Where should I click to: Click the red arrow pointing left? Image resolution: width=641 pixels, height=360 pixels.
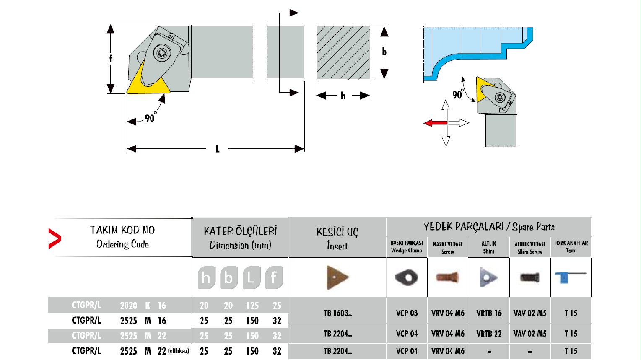pyautogui.click(x=435, y=123)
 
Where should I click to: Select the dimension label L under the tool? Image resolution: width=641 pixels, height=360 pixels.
pyautogui.click(x=217, y=149)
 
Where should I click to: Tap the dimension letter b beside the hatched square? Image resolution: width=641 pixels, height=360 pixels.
pyautogui.click(x=384, y=52)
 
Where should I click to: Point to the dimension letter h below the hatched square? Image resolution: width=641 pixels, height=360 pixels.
pyautogui.click(x=343, y=96)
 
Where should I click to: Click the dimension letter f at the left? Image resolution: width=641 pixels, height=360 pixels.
pyautogui.click(x=111, y=59)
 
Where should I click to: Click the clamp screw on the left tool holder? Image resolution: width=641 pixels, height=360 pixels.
pyautogui.click(x=161, y=53)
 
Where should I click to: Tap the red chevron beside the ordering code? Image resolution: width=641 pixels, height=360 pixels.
pyautogui.click(x=54, y=238)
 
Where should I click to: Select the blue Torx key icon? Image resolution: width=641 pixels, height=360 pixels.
pyautogui.click(x=570, y=277)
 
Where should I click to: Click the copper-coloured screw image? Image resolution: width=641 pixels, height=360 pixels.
pyautogui.click(x=447, y=277)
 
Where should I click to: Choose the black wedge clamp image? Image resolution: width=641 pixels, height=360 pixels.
pyautogui.click(x=406, y=277)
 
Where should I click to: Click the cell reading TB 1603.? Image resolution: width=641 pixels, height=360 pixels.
pyautogui.click(x=337, y=313)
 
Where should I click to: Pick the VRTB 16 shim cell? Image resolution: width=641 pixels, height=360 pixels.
pyautogui.click(x=489, y=313)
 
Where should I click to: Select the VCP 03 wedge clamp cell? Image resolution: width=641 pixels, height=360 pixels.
pyautogui.click(x=407, y=313)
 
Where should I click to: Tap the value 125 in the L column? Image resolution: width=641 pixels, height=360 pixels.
pyautogui.click(x=252, y=306)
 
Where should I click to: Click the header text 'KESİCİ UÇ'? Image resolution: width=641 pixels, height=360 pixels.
pyautogui.click(x=337, y=232)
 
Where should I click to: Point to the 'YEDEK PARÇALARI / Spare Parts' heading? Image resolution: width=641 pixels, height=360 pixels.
pyautogui.click(x=489, y=227)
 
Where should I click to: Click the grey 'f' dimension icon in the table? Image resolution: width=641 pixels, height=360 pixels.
pyautogui.click(x=274, y=277)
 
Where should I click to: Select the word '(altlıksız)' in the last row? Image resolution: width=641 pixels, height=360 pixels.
pyautogui.click(x=179, y=351)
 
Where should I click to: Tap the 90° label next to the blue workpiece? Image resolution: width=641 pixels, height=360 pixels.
pyautogui.click(x=458, y=95)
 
